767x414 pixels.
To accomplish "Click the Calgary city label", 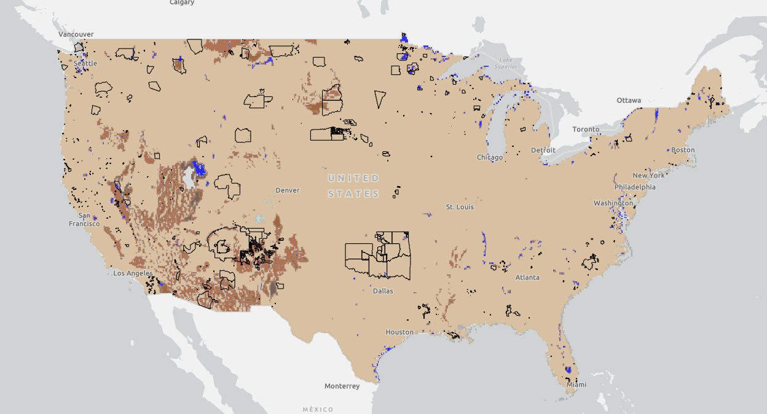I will tap(182, 2).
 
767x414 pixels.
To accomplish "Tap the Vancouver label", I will tap(76, 34).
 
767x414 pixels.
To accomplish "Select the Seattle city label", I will tap(85, 63).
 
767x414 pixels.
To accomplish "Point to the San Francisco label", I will tap(84, 220).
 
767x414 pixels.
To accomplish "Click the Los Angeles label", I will tap(133, 273).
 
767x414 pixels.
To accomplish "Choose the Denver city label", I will tap(288, 190).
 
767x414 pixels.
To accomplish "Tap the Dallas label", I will tap(383, 291).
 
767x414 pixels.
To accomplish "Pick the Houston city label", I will tap(399, 332).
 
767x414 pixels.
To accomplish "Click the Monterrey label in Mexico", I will tap(342, 386).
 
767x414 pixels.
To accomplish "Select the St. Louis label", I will tap(460, 207).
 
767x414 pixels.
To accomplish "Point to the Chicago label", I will tap(490, 158).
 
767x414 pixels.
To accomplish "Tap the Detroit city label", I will tap(543, 150).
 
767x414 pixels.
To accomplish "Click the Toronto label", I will tap(586, 130).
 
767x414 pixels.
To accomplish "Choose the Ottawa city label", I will tap(629, 100).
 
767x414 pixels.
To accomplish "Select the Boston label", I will tap(683, 150).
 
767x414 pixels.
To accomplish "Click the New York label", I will tap(648, 176).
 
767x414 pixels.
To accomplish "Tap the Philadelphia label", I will tap(635, 187).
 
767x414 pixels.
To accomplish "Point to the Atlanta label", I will tap(527, 278).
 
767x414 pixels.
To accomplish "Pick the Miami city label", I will tap(576, 385).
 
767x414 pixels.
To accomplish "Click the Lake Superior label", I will tap(506, 63).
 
